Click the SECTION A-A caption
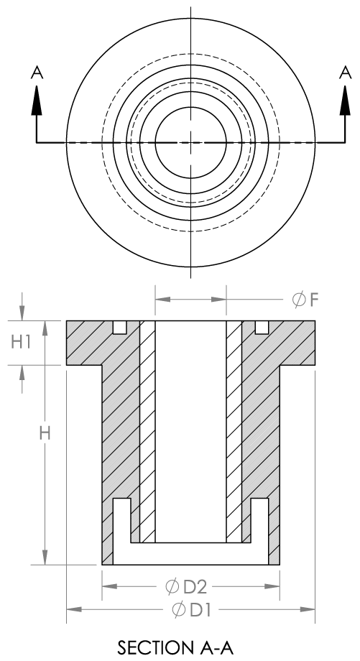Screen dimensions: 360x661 click(175, 647)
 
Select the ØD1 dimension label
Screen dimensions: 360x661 click(191, 609)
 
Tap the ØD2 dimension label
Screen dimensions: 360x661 click(186, 586)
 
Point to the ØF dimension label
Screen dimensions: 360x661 click(305, 300)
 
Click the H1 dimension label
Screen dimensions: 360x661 click(21, 342)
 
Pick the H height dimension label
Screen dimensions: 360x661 click(45, 433)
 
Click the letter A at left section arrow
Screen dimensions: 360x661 click(37, 73)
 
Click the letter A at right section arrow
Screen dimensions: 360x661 click(345, 73)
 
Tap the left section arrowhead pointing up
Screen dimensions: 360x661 click(37, 100)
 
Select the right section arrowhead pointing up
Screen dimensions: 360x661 click(345, 100)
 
